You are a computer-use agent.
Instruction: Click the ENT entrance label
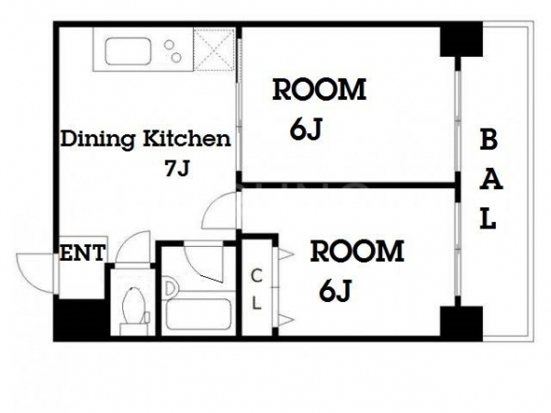pos(83,252)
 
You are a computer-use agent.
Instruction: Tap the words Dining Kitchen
pos(146,140)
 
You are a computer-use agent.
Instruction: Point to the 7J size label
pos(177,168)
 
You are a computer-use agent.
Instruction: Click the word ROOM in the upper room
pos(320,90)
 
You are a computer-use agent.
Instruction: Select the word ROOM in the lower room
pos(357,251)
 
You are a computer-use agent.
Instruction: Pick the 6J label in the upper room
pos(306,129)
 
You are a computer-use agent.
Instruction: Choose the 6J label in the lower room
pos(335,291)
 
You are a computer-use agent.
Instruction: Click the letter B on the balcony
pos(489,140)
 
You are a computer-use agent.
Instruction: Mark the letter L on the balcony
pos(489,218)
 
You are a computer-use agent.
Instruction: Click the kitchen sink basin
pos(128,50)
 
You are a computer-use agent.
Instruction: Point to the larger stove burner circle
pos(176,57)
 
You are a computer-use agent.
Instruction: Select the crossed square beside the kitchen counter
pos(214,50)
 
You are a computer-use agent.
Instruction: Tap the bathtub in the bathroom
pos(198,314)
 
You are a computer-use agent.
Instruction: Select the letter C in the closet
pos(256,275)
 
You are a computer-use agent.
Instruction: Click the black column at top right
pos(461,39)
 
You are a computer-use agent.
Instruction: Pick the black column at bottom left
pos(82,319)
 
